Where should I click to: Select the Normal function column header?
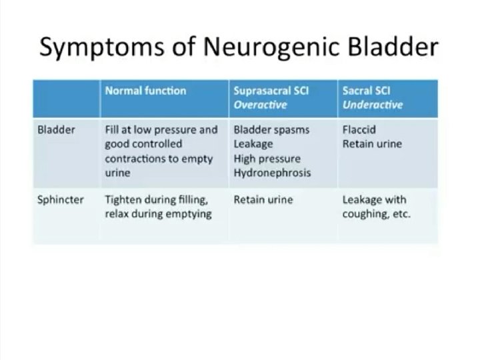[145, 91]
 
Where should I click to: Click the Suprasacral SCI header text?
[271, 91]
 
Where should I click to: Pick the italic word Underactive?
[373, 105]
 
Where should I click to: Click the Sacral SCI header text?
[366, 91]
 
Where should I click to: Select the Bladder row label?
[57, 129]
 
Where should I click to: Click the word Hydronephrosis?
[272, 173]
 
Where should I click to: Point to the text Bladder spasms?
[271, 129]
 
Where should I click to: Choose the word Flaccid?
[360, 129]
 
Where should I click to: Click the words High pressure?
[267, 159]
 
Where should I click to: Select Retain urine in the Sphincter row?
[263, 199]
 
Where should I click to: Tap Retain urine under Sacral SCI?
[372, 144]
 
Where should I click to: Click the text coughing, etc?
[377, 214]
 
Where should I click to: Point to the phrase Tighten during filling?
[155, 199]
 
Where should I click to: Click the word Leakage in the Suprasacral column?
[253, 144]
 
